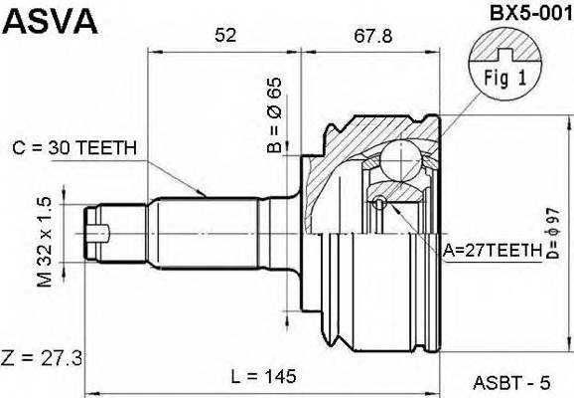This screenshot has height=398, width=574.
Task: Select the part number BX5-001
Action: (x=522, y=13)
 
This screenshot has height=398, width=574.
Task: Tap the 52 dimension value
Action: (x=225, y=37)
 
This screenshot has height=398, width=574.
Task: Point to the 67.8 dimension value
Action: (x=372, y=37)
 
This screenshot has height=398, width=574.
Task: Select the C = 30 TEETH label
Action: (x=75, y=150)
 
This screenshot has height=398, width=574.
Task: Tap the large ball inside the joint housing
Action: (x=402, y=157)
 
